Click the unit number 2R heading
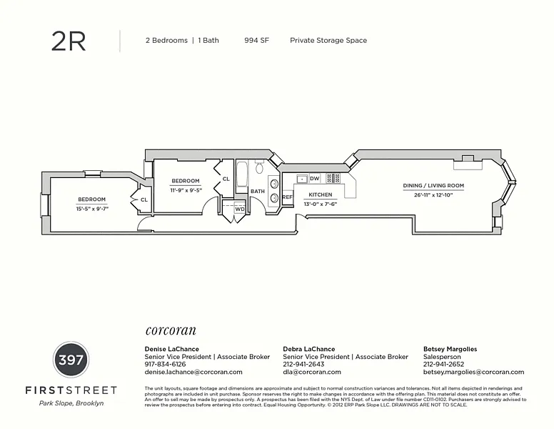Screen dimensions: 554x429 69,41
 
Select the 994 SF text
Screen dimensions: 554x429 256,41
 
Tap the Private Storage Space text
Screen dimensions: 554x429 328,41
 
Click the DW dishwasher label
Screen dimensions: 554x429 315,179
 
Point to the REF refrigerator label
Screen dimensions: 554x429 288,197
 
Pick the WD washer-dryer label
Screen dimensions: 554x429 240,209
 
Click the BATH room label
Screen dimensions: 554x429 258,192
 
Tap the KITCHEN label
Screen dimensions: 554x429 320,194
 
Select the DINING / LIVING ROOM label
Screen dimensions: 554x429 433,186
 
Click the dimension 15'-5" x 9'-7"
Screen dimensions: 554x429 91,209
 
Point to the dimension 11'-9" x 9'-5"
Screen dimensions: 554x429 185,191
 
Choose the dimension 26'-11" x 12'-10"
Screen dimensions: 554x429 433,195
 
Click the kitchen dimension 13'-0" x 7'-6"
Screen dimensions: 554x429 320,204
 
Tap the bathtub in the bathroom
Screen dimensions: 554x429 241,174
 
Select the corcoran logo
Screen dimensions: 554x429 171,331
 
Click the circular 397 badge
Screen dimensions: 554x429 71,359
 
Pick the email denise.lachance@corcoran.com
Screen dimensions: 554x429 193,372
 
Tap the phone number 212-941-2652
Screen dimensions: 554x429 443,364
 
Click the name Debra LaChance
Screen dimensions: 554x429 309,349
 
